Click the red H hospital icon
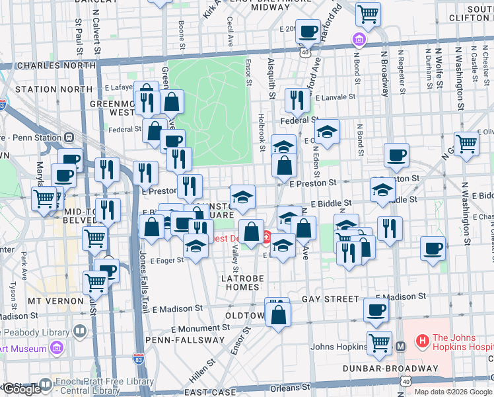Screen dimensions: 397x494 422,341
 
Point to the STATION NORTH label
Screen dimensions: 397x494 53,89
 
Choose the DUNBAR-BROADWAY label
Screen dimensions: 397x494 390,368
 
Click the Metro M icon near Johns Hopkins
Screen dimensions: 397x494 400,346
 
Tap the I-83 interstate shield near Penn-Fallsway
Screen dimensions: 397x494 137,358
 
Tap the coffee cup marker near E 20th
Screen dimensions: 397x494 307,31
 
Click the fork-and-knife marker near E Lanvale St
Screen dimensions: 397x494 297,100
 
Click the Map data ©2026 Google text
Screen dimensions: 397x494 453,392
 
